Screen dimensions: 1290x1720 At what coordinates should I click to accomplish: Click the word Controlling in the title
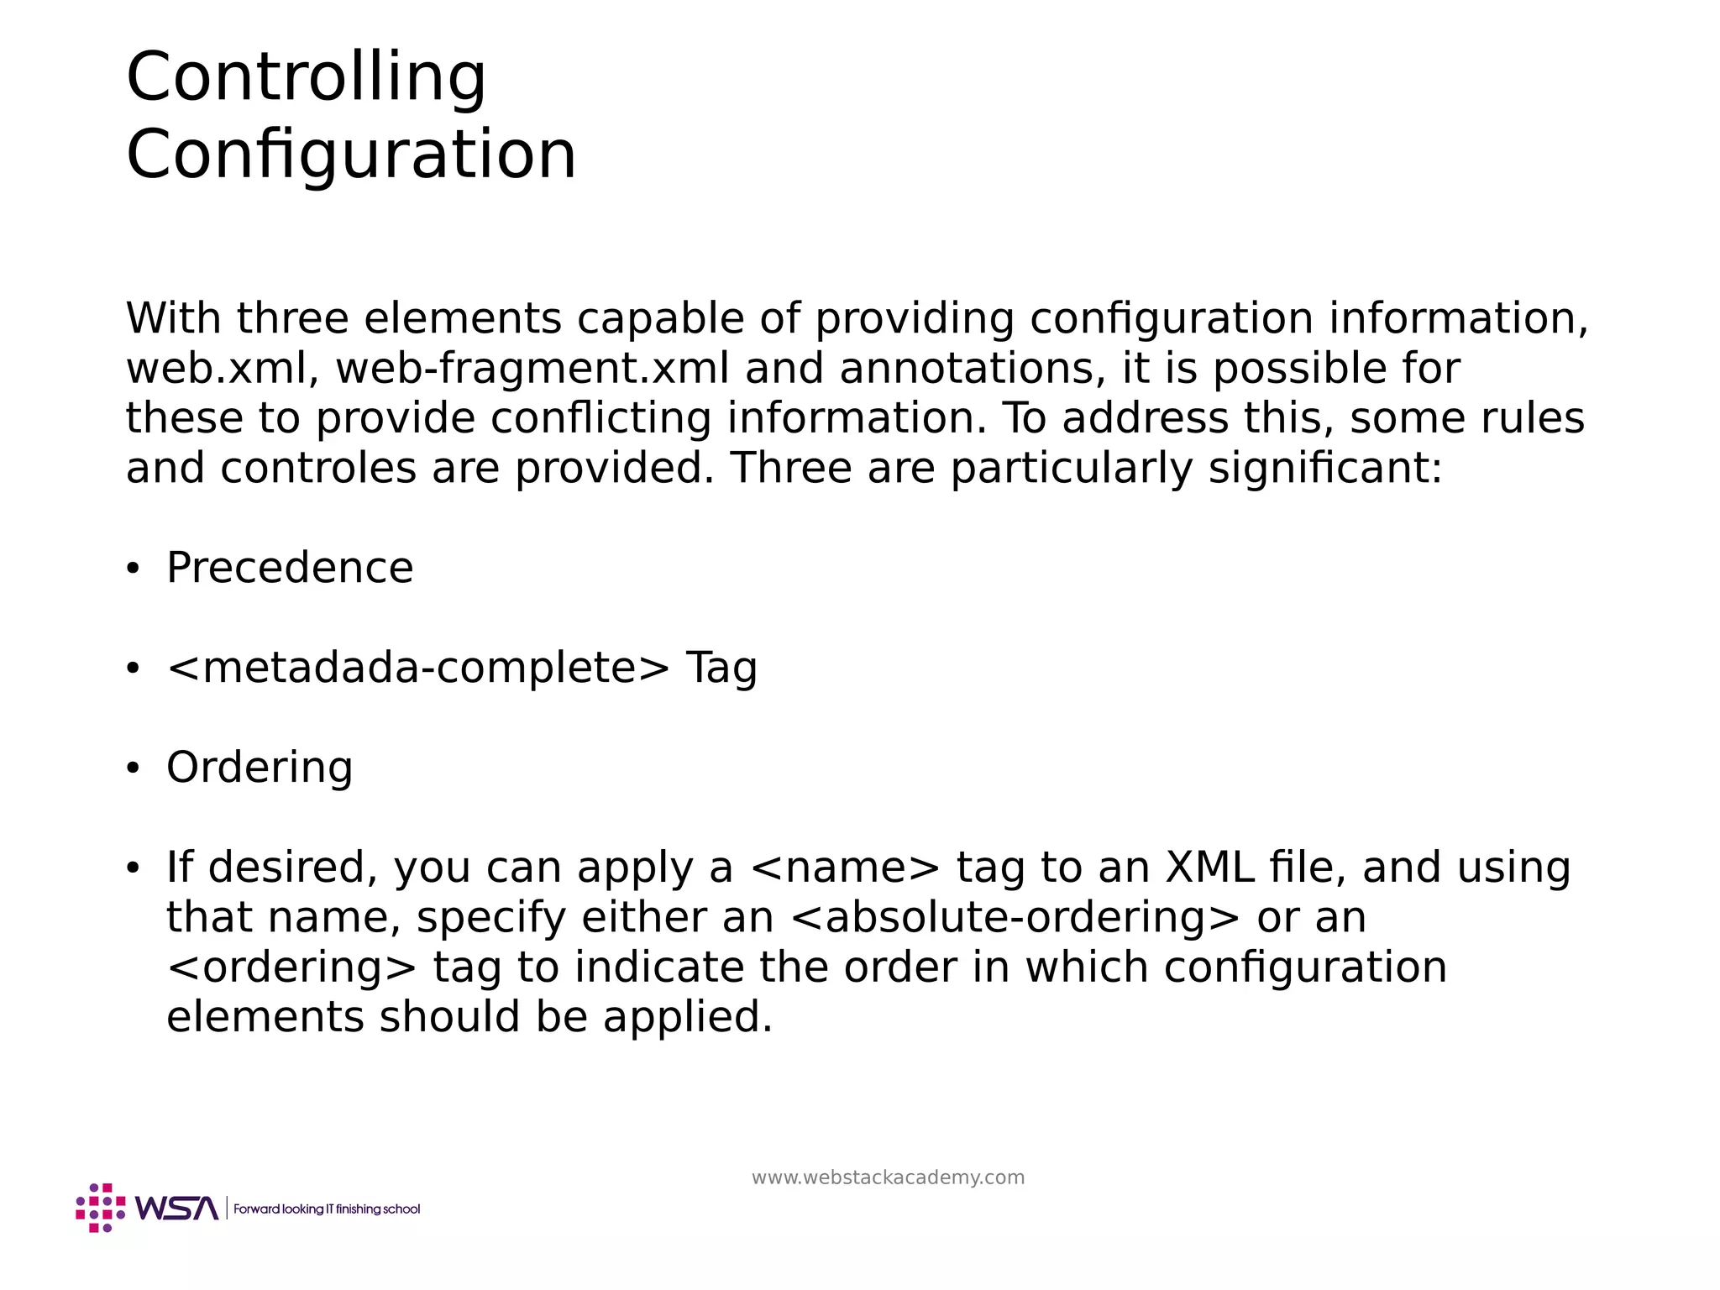(306, 77)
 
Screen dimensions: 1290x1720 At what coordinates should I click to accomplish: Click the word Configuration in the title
(351, 155)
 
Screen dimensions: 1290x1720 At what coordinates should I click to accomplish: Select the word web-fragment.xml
(532, 369)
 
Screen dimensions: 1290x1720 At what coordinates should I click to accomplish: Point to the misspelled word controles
(318, 468)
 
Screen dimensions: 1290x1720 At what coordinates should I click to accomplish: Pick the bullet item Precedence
(290, 568)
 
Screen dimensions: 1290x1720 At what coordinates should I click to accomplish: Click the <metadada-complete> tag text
(418, 669)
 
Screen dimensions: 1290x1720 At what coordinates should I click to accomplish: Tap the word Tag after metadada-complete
(721, 669)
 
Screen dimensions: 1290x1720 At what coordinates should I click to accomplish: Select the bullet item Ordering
(260, 768)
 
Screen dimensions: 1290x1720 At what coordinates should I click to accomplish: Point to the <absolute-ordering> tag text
(1015, 917)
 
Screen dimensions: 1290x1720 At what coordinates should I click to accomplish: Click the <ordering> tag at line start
(291, 967)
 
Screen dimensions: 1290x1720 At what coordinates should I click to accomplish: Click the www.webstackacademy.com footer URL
(888, 1177)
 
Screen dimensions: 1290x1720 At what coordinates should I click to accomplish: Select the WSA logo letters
(176, 1209)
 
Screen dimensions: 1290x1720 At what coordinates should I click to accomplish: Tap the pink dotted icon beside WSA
(100, 1208)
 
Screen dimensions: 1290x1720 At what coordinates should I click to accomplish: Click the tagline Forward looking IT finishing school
(327, 1209)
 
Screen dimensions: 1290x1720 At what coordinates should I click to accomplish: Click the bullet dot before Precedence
(132, 570)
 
